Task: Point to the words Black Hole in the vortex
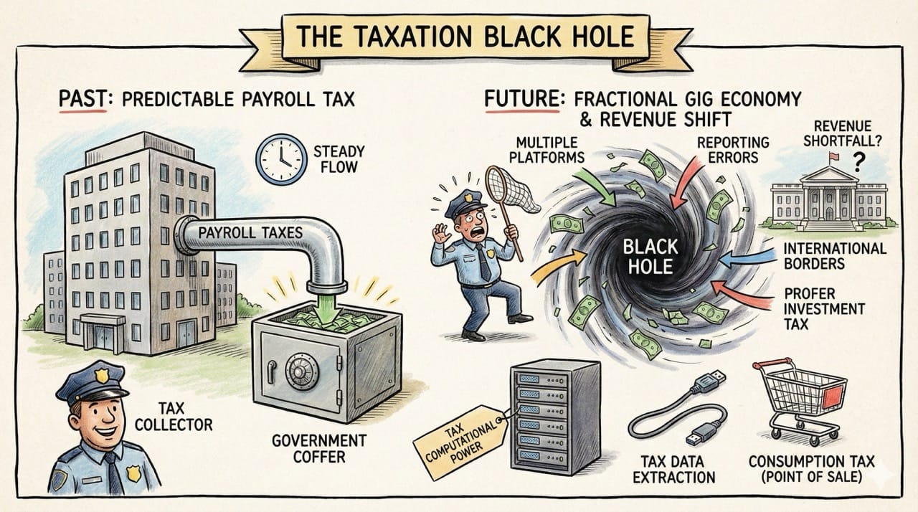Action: (x=649, y=256)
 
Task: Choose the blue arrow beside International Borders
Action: (x=747, y=257)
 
